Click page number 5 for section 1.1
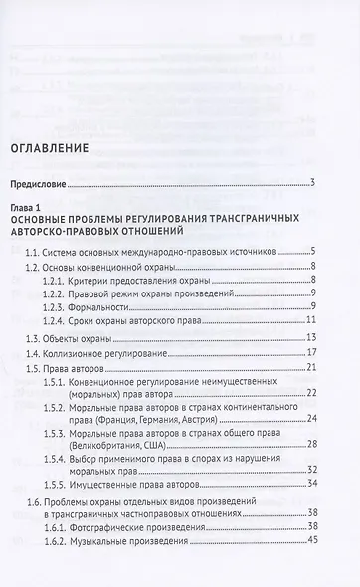[312, 252]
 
